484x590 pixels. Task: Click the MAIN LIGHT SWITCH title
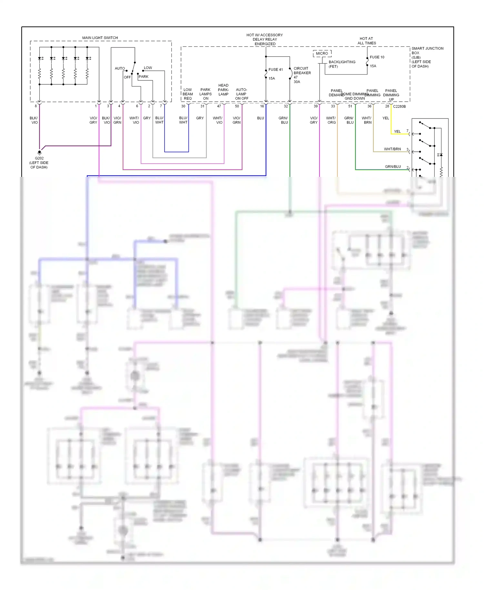click(100, 38)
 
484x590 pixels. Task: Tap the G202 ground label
click(39, 158)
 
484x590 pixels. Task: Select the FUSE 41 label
click(276, 70)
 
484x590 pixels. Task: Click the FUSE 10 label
click(377, 57)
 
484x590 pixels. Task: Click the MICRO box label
click(322, 54)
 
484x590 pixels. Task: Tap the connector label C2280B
click(399, 107)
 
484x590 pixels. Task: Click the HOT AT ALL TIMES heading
click(367, 41)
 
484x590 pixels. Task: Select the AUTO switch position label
click(120, 68)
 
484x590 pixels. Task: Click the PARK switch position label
click(144, 77)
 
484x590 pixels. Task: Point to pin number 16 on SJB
click(262, 106)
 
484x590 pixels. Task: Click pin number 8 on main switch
click(36, 106)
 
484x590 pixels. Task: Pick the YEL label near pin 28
click(386, 118)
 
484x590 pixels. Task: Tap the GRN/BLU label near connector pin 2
click(393, 167)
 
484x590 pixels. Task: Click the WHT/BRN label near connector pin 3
click(392, 149)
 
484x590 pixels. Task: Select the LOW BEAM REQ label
click(188, 94)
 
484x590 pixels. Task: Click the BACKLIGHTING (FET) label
click(342, 64)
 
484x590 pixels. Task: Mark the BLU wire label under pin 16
click(260, 118)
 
